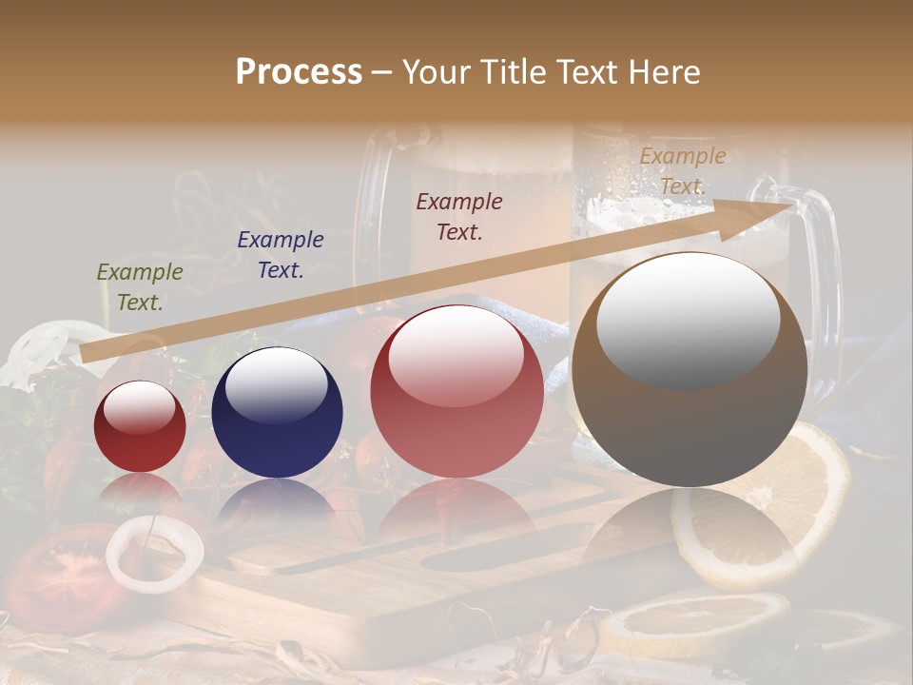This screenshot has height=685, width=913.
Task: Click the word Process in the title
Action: tap(299, 72)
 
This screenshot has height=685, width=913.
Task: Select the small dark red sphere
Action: tap(140, 426)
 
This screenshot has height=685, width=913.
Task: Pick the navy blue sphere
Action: tap(277, 413)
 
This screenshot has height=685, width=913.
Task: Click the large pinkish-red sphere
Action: tap(456, 391)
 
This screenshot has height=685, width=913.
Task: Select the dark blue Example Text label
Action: tap(280, 255)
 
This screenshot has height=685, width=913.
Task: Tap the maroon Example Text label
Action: tap(459, 217)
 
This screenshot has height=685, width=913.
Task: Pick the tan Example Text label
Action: tap(682, 171)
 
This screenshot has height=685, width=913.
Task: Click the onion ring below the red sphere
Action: tap(154, 552)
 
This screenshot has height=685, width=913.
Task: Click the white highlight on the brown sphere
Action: tap(688, 319)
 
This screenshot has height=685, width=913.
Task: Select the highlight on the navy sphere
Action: tap(276, 385)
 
